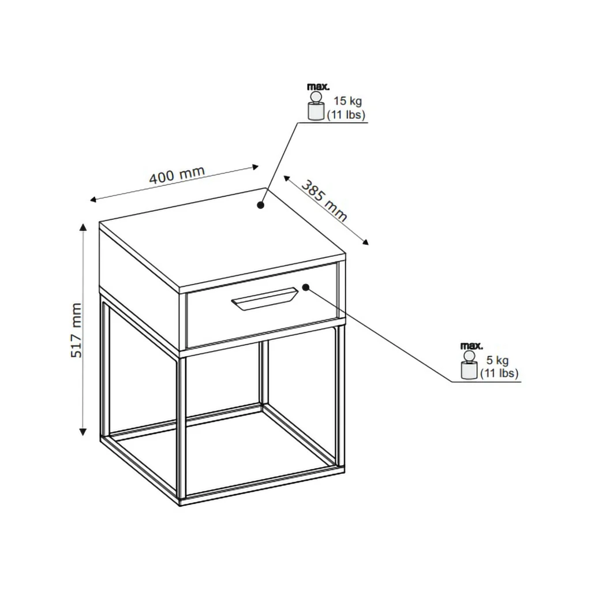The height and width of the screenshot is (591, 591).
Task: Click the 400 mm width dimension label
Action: (177, 175)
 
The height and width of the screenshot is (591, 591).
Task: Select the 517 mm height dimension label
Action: (77, 330)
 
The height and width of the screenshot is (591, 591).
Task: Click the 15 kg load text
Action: (347, 101)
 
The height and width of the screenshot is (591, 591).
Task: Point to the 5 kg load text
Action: (498, 360)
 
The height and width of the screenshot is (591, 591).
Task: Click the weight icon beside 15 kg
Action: (316, 106)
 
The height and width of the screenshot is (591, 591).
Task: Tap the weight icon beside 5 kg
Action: (469, 365)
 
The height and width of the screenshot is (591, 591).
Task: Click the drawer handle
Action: (264, 300)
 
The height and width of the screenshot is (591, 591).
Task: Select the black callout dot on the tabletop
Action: (260, 205)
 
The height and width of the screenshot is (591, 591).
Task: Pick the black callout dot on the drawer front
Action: (306, 287)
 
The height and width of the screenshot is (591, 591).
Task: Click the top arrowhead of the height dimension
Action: (83, 226)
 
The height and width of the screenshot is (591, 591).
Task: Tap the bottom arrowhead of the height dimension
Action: (83, 432)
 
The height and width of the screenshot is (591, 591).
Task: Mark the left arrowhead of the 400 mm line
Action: (93, 199)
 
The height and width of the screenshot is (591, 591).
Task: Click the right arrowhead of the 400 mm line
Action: (256, 167)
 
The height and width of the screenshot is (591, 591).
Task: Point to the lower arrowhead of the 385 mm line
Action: (365, 242)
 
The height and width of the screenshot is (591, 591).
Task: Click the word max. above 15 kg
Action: (319, 87)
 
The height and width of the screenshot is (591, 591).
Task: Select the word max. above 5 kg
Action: (472, 345)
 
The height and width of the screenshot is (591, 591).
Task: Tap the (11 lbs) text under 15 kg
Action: (346, 115)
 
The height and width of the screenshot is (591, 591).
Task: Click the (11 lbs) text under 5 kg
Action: (499, 373)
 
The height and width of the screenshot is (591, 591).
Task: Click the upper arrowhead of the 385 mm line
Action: (287, 178)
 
